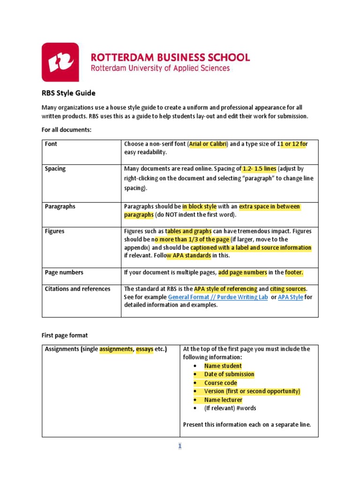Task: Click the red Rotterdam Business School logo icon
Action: click(60, 62)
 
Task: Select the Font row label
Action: click(51, 144)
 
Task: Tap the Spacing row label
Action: click(55, 169)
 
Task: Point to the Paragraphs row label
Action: click(60, 206)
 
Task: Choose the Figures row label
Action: click(54, 231)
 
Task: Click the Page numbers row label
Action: click(64, 272)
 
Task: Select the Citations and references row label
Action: click(77, 289)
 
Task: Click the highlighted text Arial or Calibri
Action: click(208, 144)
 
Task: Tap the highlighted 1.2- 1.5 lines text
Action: click(260, 169)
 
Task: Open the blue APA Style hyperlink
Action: click(290, 297)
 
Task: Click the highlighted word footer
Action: click(294, 272)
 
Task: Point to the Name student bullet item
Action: click(223, 366)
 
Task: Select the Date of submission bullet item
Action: click(229, 374)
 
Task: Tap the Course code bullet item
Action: click(220, 382)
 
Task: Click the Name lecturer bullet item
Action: click(223, 400)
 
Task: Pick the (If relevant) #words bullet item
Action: click(230, 408)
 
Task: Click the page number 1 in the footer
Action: click(180, 446)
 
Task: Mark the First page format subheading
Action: click(65, 336)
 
